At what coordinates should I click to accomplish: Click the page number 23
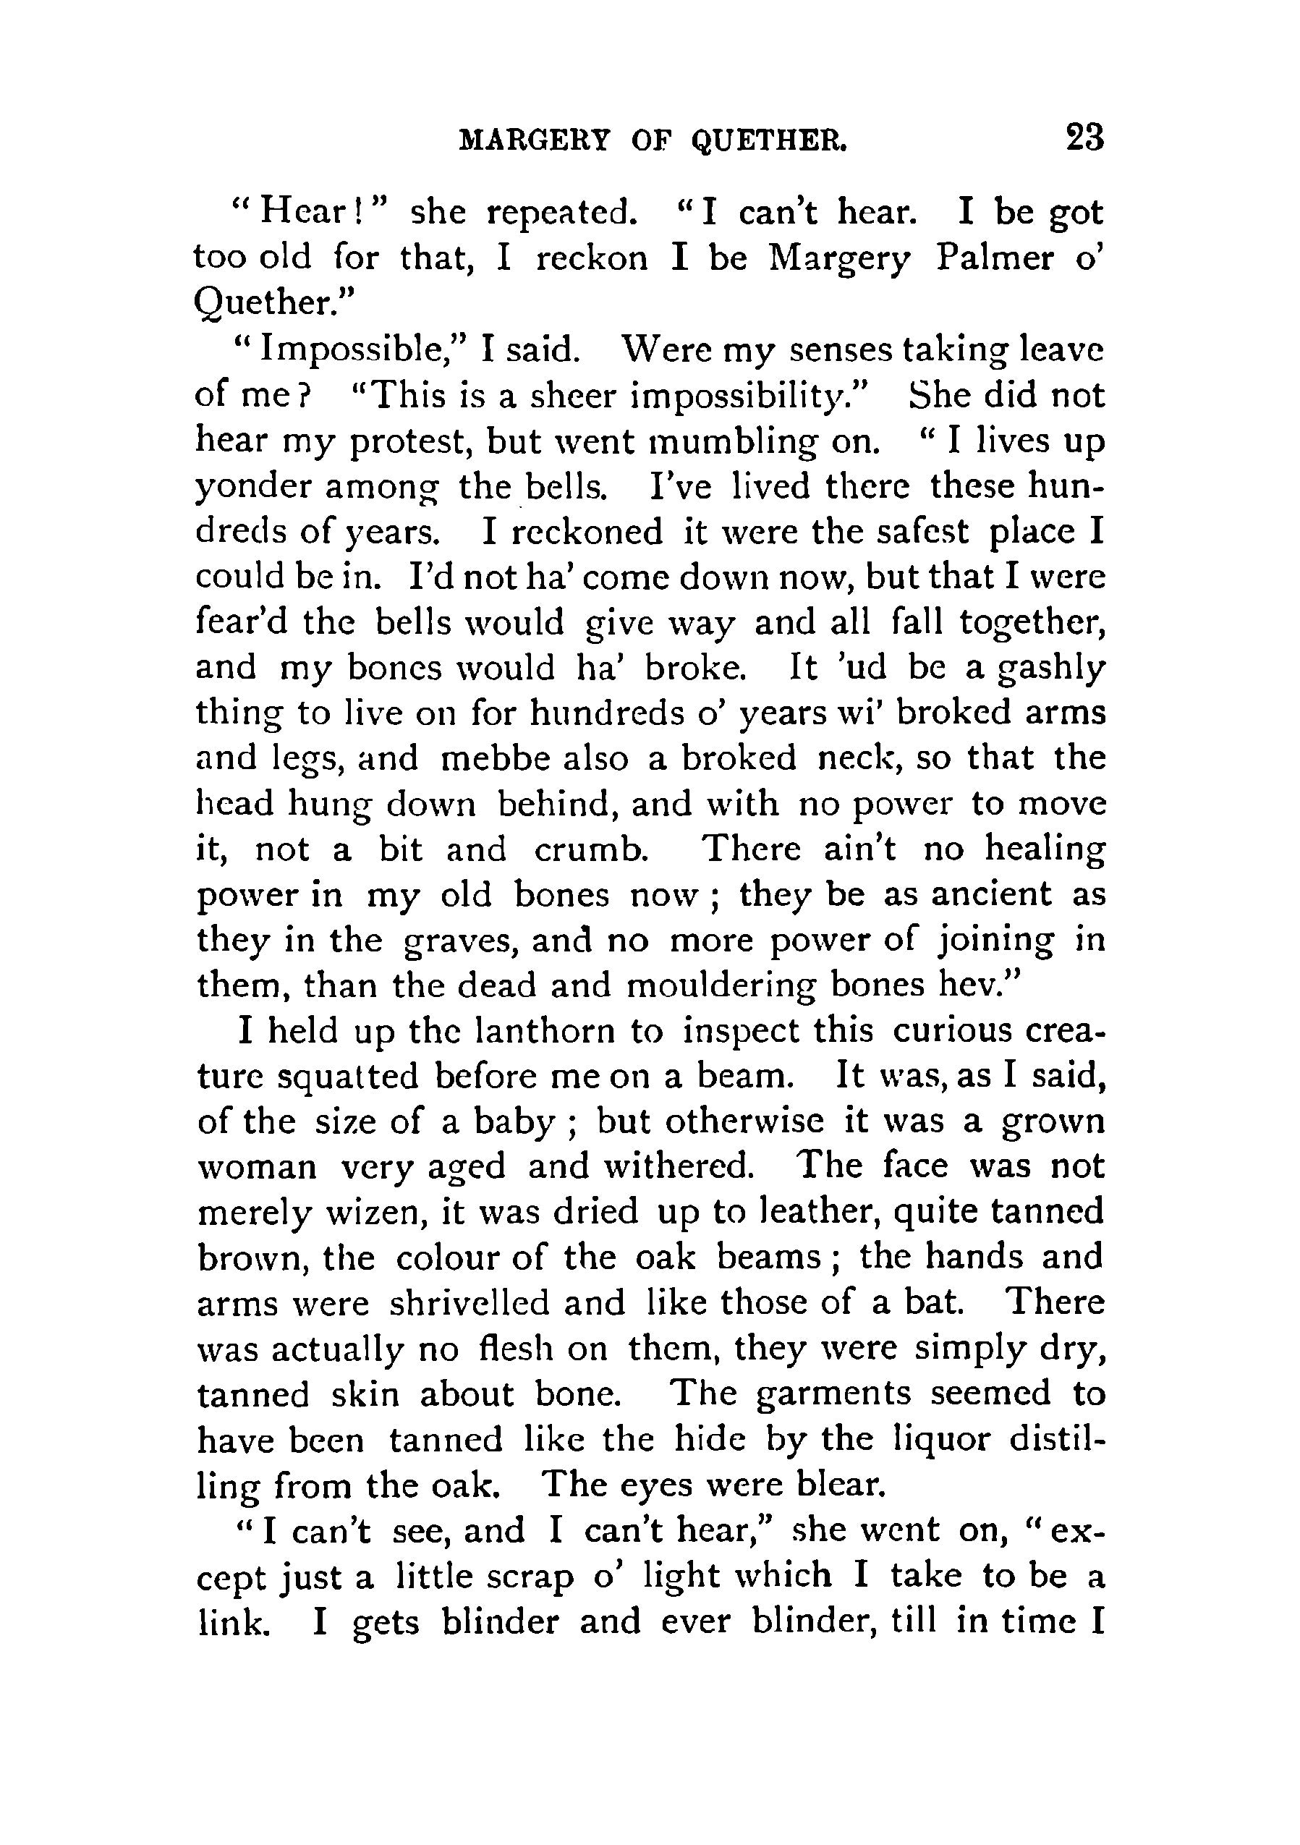(1084, 138)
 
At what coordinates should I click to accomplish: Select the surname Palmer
(994, 260)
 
